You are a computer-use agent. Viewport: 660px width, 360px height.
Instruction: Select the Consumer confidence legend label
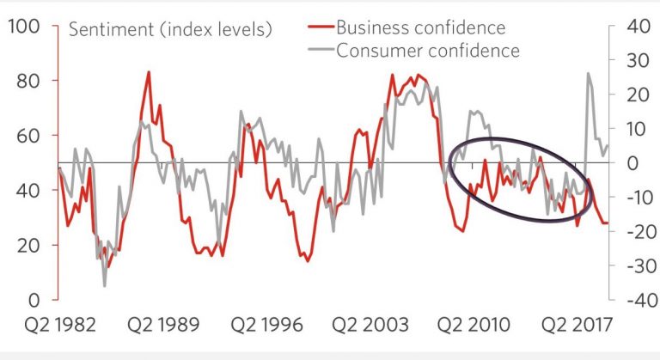click(x=427, y=50)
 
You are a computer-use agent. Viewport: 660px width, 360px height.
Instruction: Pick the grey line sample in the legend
click(x=320, y=50)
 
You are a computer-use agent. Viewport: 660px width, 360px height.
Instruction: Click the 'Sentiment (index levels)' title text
click(x=170, y=29)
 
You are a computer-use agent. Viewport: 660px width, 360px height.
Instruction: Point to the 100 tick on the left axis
click(x=22, y=26)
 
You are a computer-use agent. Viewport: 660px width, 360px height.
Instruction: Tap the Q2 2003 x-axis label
click(x=370, y=326)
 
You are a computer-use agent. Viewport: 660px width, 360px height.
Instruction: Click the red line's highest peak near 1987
click(x=149, y=72)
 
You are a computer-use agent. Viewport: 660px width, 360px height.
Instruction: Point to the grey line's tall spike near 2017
click(x=589, y=73)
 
